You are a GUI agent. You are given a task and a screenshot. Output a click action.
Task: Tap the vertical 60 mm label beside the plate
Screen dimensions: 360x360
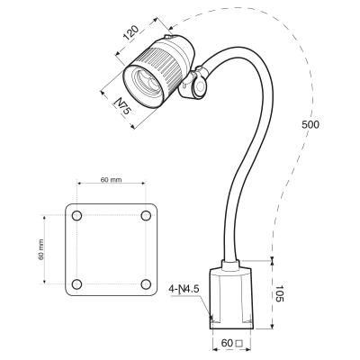click(40, 250)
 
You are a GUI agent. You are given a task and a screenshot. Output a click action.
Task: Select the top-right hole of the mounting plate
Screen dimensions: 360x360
click(146, 216)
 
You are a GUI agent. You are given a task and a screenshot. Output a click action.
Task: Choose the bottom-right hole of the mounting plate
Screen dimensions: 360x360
click(146, 284)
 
